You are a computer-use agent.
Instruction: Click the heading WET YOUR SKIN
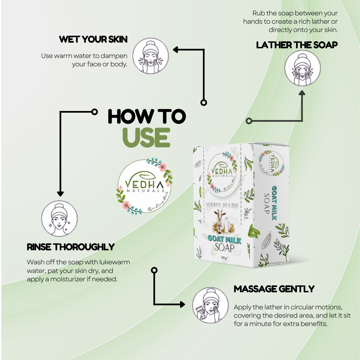(x=93, y=39)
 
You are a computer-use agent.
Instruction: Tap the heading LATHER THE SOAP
(x=297, y=45)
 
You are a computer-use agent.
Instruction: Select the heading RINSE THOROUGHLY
(x=71, y=247)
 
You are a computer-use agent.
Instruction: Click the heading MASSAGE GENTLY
(x=274, y=289)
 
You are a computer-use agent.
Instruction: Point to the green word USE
(x=146, y=137)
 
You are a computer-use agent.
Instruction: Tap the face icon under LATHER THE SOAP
(x=302, y=68)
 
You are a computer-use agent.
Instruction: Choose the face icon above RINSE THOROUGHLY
(x=59, y=218)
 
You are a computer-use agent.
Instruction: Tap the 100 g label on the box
(x=224, y=258)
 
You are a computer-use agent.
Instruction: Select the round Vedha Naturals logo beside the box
(x=144, y=186)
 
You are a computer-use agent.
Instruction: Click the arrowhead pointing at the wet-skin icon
(x=175, y=50)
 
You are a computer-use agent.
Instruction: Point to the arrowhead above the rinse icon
(x=60, y=193)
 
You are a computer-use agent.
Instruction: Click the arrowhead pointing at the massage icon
(x=182, y=304)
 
